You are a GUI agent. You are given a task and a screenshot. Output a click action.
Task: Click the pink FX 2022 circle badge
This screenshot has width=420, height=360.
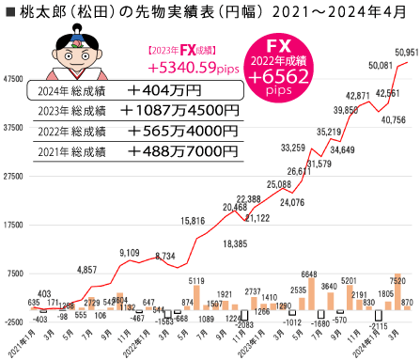(313, 69)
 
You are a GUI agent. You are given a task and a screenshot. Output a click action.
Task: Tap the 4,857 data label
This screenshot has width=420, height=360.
(86, 270)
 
